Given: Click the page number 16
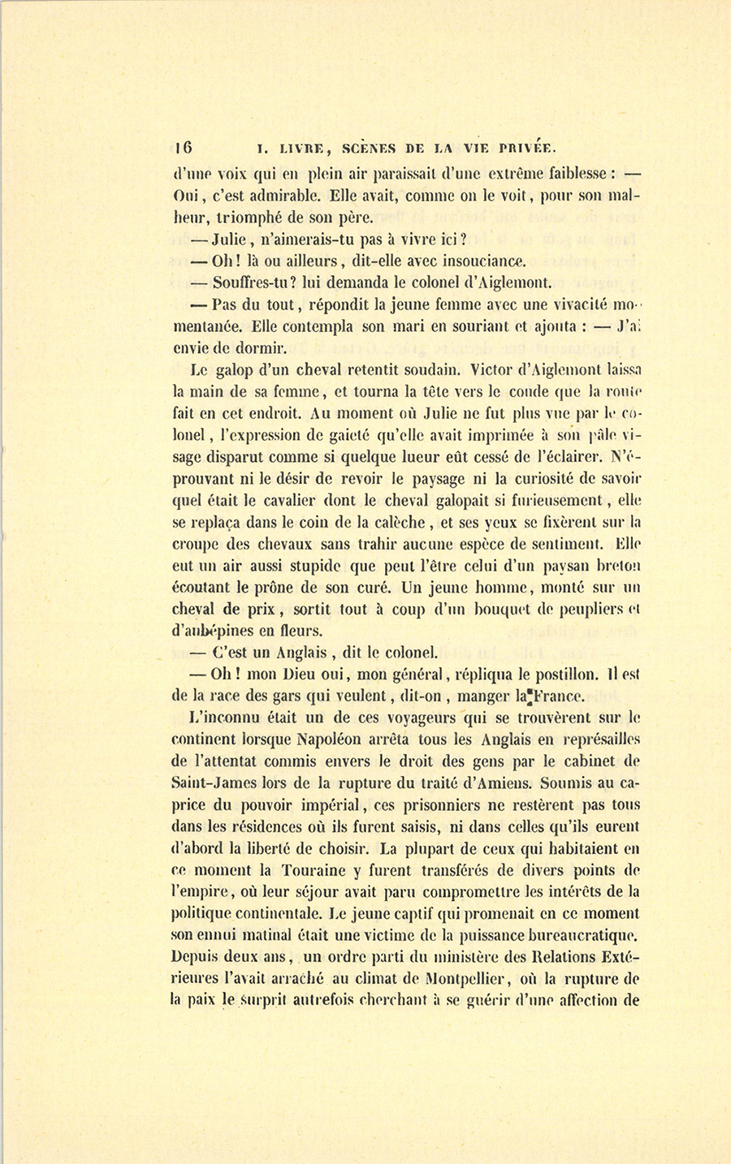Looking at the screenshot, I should [183, 147].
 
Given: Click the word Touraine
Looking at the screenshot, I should [320, 870].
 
